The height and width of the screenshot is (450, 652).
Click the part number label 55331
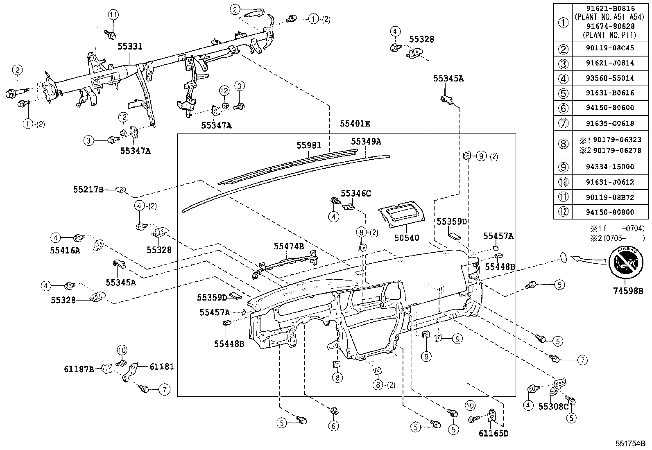point(130,47)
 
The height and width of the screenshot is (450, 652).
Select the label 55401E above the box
point(355,124)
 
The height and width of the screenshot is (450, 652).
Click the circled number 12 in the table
point(564,212)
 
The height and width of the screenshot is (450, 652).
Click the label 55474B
point(289,246)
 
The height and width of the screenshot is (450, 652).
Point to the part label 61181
point(161,366)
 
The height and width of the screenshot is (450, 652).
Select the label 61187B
point(79,369)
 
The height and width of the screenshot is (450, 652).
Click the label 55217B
point(88,190)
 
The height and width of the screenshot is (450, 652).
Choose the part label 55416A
point(65,250)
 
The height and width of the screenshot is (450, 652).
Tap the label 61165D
point(493,433)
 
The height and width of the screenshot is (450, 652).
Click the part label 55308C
point(553,406)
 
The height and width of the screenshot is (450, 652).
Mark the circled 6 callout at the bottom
point(333,426)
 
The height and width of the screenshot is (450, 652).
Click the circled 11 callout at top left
point(113,15)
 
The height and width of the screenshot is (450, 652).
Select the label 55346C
point(356,193)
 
